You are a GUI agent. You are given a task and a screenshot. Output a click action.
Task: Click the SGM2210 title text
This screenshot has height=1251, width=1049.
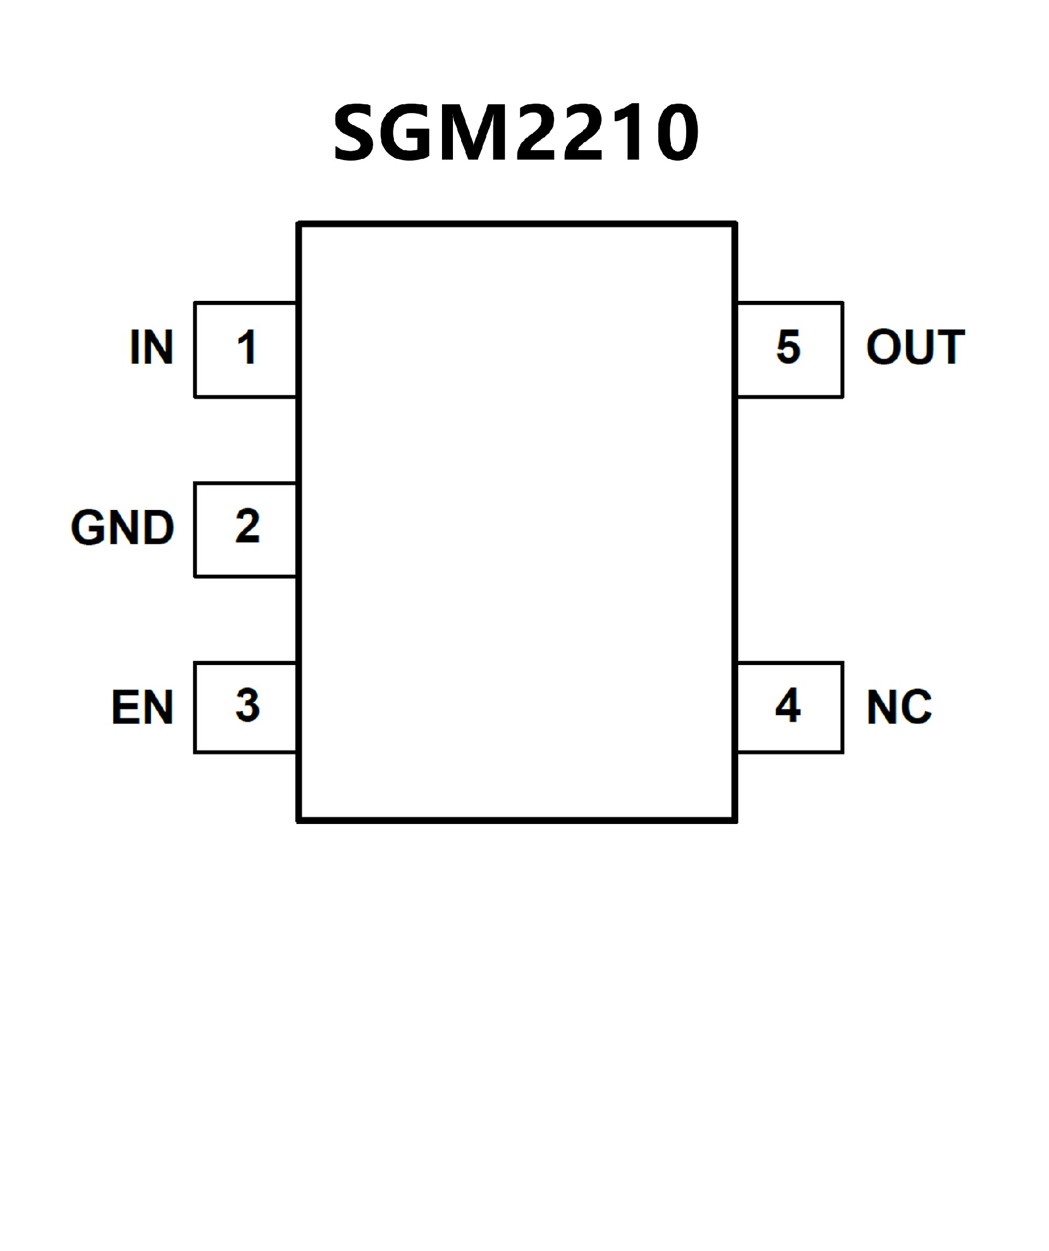pyautogui.click(x=516, y=132)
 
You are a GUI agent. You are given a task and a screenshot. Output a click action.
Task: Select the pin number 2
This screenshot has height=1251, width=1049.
pyautogui.click(x=247, y=526)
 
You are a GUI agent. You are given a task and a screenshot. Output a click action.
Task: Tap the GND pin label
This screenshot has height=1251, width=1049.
pyautogui.click(x=122, y=528)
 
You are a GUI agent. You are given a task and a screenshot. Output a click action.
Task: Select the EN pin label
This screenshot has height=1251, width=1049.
pyautogui.click(x=142, y=708)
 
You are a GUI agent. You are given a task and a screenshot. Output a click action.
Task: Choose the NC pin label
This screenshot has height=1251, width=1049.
pyautogui.click(x=899, y=708)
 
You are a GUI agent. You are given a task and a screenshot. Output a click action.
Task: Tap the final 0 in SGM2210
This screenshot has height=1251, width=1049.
pyautogui.click(x=678, y=132)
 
